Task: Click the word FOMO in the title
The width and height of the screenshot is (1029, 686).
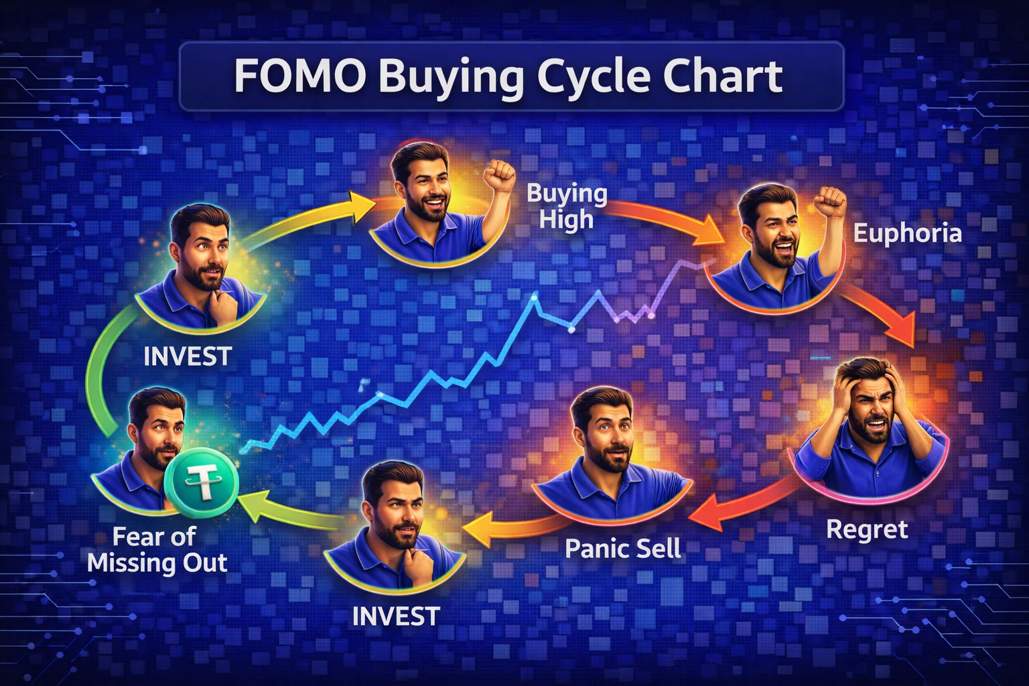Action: (299, 77)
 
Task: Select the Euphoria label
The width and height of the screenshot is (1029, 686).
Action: (907, 233)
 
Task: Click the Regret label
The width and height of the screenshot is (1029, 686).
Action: (867, 529)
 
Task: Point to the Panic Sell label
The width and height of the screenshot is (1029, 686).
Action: (622, 549)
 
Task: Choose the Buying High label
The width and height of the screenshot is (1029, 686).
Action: (567, 206)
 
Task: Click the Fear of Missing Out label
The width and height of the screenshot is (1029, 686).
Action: (157, 549)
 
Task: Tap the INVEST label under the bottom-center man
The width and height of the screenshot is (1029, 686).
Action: (395, 616)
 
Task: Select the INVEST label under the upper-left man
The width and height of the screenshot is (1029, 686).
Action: (188, 356)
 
